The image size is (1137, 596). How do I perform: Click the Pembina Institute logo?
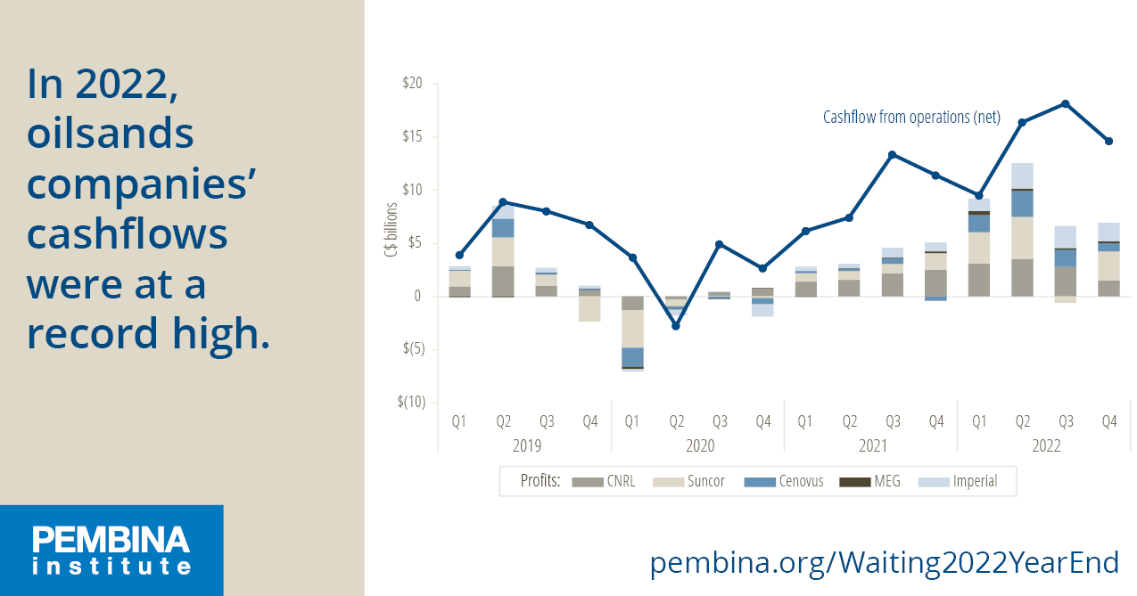pyautogui.click(x=111, y=550)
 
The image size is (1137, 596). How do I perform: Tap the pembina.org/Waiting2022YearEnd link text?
pyautogui.click(x=884, y=563)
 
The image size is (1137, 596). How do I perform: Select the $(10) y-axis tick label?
pyautogui.click(x=411, y=402)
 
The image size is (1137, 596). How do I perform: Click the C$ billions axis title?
pyautogui.click(x=391, y=233)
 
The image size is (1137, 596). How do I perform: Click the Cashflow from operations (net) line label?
pyautogui.click(x=911, y=117)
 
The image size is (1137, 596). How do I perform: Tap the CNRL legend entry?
pyautogui.click(x=603, y=482)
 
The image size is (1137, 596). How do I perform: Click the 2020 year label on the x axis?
pyautogui.click(x=698, y=446)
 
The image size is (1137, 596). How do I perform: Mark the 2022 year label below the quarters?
pyautogui.click(x=1044, y=446)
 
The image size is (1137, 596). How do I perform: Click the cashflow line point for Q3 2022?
pyautogui.click(x=1066, y=103)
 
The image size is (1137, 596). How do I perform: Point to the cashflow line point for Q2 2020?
pyautogui.click(x=676, y=326)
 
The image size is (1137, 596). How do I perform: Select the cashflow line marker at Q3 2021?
pyautogui.click(x=892, y=154)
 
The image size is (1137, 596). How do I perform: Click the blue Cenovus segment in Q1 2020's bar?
pyautogui.click(x=632, y=356)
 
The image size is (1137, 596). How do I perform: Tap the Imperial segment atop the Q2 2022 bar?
pyautogui.click(x=1022, y=176)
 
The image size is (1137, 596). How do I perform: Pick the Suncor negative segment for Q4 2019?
pyautogui.click(x=589, y=308)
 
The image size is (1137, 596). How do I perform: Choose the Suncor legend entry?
pyautogui.click(x=690, y=482)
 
